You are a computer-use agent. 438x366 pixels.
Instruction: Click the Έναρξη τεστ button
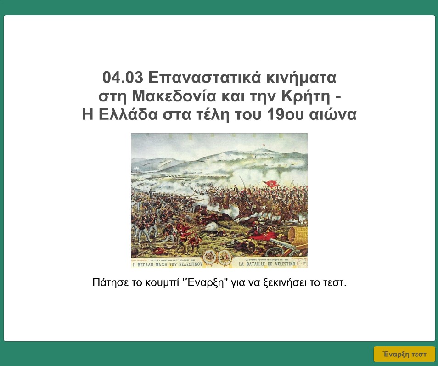pyautogui.click(x=404, y=354)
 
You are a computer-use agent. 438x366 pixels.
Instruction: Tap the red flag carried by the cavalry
pyautogui.click(x=270, y=184)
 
